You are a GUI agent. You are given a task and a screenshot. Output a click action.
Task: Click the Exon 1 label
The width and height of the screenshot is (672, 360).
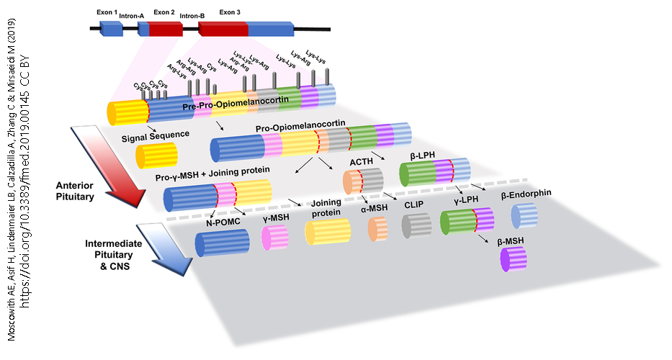107,12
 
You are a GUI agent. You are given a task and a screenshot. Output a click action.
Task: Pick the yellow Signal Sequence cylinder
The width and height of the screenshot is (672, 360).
156,156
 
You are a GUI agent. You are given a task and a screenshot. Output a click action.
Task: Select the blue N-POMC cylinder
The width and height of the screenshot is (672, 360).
222,243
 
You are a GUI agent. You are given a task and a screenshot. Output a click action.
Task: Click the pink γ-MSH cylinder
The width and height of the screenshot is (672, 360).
275,237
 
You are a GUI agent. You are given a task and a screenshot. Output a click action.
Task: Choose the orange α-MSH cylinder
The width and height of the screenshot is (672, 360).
377,229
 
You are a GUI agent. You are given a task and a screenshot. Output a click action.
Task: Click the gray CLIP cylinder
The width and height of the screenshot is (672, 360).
416,226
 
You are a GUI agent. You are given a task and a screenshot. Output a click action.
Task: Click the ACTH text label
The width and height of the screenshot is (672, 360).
362,163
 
